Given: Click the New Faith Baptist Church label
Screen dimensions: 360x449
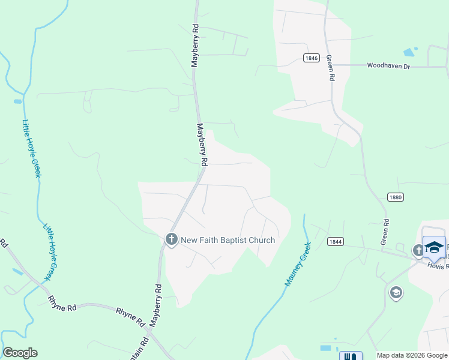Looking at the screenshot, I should pyautogui.click(x=228, y=240).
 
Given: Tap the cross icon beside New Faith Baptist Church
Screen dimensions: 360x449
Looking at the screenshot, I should pyautogui.click(x=171, y=240).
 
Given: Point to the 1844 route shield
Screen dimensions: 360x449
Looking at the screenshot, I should pyautogui.click(x=336, y=241).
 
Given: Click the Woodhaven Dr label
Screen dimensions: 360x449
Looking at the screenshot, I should pyautogui.click(x=388, y=65).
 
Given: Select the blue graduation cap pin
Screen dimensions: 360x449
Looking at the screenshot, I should pyautogui.click(x=434, y=247).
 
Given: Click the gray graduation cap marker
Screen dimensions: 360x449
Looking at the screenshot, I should pyautogui.click(x=396, y=293).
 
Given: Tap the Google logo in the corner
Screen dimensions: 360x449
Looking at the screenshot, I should pyautogui.click(x=20, y=353).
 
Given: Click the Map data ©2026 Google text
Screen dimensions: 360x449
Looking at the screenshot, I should pyautogui.click(x=412, y=355).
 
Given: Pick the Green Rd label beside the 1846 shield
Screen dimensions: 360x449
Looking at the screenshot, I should pyautogui.click(x=330, y=68).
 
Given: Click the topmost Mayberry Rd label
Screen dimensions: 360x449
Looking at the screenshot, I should pyautogui.click(x=195, y=45).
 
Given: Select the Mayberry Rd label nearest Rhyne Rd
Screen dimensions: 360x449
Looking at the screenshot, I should pyautogui.click(x=155, y=304).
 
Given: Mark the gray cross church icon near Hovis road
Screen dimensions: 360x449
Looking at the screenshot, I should pyautogui.click(x=418, y=250).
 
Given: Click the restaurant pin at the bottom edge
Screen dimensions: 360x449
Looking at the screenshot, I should pyautogui.click(x=351, y=356).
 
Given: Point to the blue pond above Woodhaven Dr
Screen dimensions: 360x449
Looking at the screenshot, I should pyautogui.click(x=410, y=52).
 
